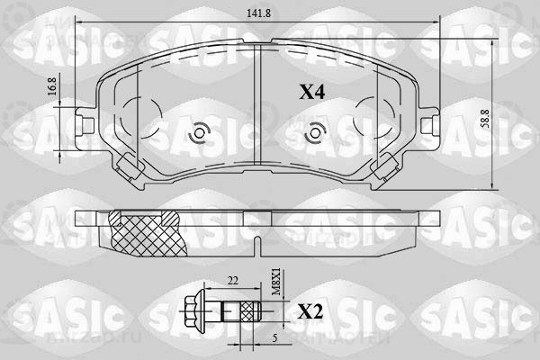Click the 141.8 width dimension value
[x=258, y=13]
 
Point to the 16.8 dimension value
[x=51, y=86]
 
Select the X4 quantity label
[x=311, y=92]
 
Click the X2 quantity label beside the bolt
[x=310, y=312]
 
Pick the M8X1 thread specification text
[x=276, y=283]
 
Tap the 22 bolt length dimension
[x=232, y=281]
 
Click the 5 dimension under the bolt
[x=274, y=338]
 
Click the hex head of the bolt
[x=194, y=311]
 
